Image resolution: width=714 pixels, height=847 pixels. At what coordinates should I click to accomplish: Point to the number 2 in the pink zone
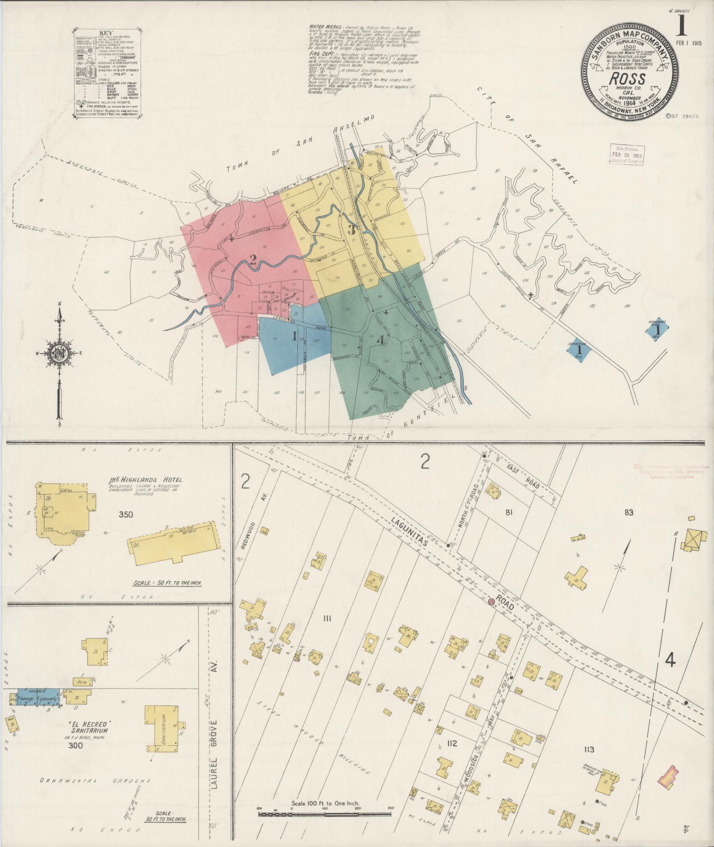pos(253,260)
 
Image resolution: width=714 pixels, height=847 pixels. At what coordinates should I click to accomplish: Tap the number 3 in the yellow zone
pos(352,230)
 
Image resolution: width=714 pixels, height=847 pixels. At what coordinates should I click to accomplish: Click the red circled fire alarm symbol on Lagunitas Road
pos(491,602)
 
